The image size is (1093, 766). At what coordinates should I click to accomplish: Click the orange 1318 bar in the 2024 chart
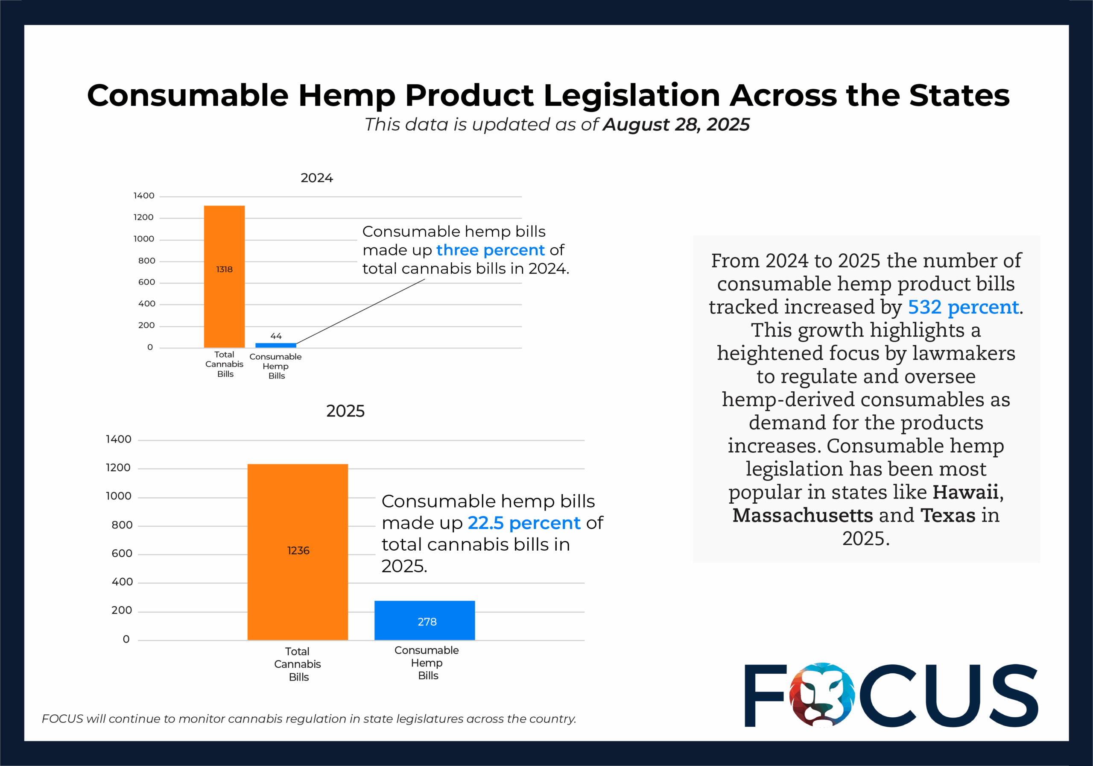(224, 276)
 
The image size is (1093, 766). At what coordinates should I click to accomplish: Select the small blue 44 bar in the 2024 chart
(276, 345)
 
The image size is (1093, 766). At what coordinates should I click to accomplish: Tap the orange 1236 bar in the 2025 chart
(298, 552)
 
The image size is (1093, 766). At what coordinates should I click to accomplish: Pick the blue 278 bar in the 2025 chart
(425, 620)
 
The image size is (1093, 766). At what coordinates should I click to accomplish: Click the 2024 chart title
(316, 178)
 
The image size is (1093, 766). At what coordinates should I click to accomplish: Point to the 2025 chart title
(345, 411)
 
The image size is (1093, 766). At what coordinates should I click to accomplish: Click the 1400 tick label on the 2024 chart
(144, 195)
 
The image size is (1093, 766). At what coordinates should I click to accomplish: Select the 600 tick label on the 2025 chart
(122, 553)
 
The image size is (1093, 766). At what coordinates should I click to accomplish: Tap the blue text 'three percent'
(490, 250)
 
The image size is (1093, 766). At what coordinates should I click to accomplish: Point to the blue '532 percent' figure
(964, 307)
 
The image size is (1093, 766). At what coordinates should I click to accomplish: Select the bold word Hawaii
(968, 493)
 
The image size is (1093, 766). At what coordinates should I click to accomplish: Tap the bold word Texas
(948, 515)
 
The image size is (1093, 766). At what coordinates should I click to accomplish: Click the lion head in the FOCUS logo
(821, 695)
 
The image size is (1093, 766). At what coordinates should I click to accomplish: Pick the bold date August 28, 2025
(676, 124)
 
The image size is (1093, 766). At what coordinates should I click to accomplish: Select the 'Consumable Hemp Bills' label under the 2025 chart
(427, 663)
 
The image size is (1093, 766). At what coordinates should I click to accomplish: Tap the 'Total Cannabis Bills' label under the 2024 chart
(224, 364)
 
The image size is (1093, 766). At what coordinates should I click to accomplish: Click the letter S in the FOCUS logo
(1013, 695)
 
